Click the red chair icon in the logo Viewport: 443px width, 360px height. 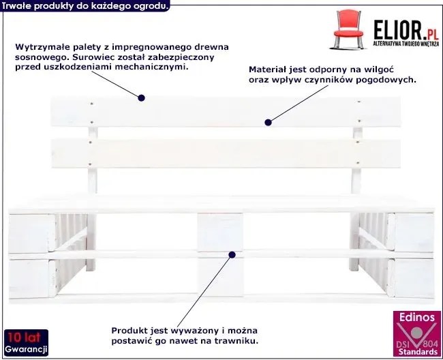click(348, 29)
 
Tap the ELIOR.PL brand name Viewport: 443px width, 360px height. click(406, 29)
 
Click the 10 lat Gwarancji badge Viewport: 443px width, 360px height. click(27, 342)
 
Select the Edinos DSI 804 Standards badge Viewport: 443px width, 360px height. click(416, 333)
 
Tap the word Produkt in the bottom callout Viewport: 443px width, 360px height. click(129, 330)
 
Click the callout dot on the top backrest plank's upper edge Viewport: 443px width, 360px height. click(142, 98)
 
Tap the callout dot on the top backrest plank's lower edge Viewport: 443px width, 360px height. click(268, 122)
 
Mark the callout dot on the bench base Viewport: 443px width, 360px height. click(232, 255)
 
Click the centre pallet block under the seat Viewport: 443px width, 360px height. click(220, 232)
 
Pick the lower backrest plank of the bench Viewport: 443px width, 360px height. click(226, 153)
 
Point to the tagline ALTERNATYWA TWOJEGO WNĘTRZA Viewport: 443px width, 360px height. click(406, 44)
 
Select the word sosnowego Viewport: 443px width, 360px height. click(41, 57)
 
